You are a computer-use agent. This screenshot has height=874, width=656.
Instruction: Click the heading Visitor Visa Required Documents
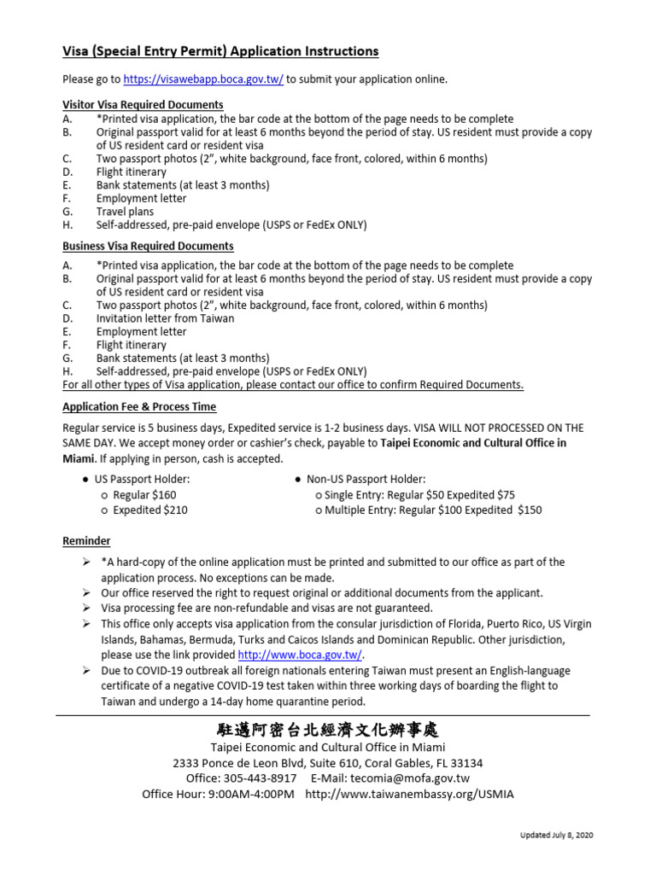pos(143,105)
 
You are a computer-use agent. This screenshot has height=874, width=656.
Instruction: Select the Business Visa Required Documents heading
pos(148,246)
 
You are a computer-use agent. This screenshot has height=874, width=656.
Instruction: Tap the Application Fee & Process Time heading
pos(139,407)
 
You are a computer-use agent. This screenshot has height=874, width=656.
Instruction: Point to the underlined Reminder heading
pos(86,541)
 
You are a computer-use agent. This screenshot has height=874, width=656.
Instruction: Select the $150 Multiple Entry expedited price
pos(530,510)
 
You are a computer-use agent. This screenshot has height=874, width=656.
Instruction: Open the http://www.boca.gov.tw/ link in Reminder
pos(300,655)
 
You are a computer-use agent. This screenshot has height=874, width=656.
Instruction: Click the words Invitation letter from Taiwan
pos(165,318)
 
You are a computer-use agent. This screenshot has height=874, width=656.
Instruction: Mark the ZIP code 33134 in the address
pos(465,763)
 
